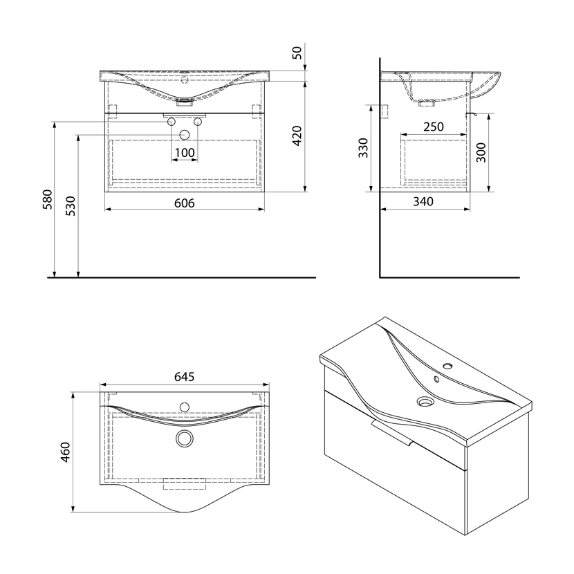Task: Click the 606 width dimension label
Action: click(184, 203)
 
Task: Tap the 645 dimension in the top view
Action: click(184, 376)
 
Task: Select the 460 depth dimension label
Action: click(65, 452)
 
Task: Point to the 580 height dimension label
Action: click(48, 199)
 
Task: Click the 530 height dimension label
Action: click(71, 205)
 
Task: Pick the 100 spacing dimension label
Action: click(185, 153)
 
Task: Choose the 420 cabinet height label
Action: click(297, 136)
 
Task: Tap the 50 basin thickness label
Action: click(297, 53)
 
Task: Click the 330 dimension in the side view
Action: click(363, 148)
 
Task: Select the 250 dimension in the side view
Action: click(434, 127)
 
